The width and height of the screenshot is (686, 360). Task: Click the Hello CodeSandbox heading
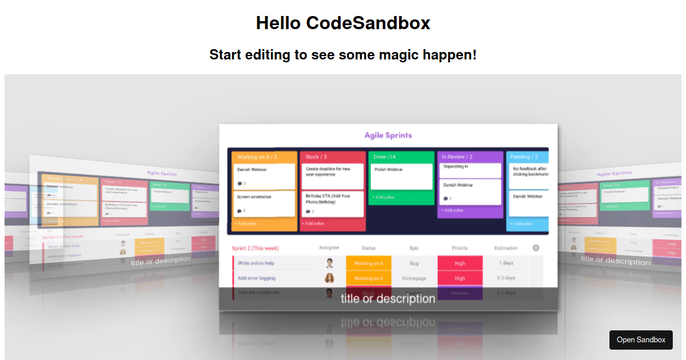343,23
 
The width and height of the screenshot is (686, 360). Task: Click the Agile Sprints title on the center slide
388,135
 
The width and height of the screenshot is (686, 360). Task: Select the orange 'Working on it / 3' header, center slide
257,157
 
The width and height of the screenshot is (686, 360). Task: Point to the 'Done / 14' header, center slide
385,157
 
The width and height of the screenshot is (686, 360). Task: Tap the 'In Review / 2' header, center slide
457,157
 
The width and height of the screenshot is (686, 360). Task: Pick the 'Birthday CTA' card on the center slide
332,204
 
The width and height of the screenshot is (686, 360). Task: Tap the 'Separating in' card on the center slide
470,170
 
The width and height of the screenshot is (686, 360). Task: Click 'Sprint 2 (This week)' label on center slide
255,248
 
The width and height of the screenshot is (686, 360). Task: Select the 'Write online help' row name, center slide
256,263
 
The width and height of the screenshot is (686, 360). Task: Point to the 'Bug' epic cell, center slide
414,263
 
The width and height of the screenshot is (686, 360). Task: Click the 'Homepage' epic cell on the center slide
414,278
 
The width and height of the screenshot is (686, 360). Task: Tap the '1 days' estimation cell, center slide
506,263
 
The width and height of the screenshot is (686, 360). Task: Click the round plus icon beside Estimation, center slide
536,248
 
